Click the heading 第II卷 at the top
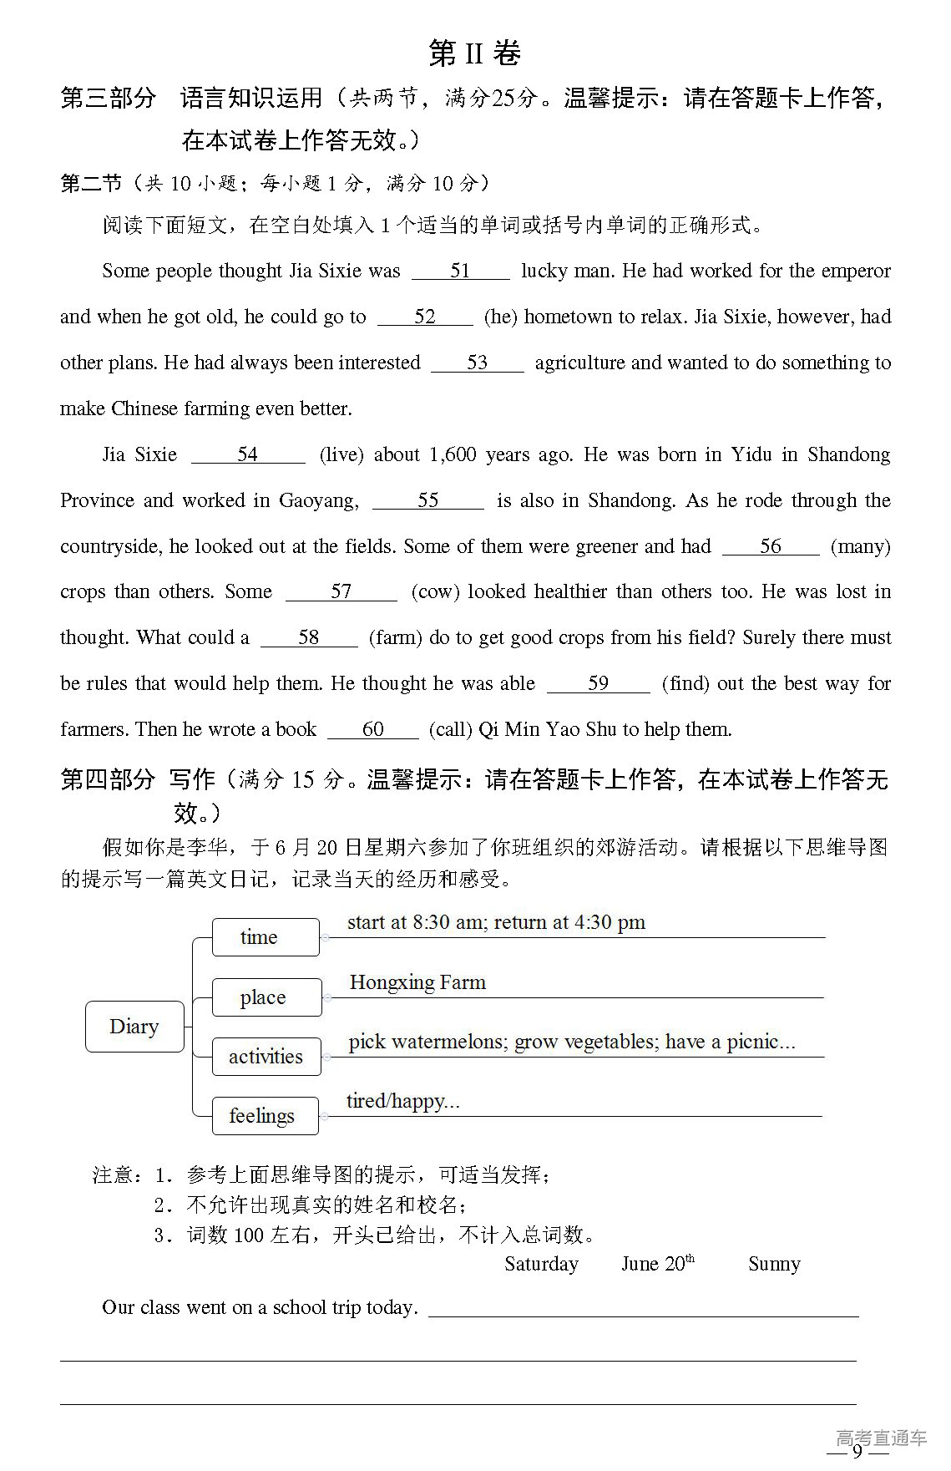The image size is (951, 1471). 474,53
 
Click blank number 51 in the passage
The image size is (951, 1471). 460,271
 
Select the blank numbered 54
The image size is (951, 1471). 248,454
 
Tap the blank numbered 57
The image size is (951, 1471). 341,591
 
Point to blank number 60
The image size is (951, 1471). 373,729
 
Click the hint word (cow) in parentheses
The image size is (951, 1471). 436,591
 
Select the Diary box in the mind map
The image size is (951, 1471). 134,1027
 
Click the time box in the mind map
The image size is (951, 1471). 266,937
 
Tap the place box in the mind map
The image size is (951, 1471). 266,997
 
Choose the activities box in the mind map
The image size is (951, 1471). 266,1057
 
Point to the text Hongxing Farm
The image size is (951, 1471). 417,982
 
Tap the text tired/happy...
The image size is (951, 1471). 402,1101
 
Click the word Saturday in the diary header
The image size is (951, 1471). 541,1264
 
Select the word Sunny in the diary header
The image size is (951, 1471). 774,1264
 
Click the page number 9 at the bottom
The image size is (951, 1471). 857,1450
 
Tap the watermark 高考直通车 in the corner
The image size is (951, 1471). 881,1438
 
